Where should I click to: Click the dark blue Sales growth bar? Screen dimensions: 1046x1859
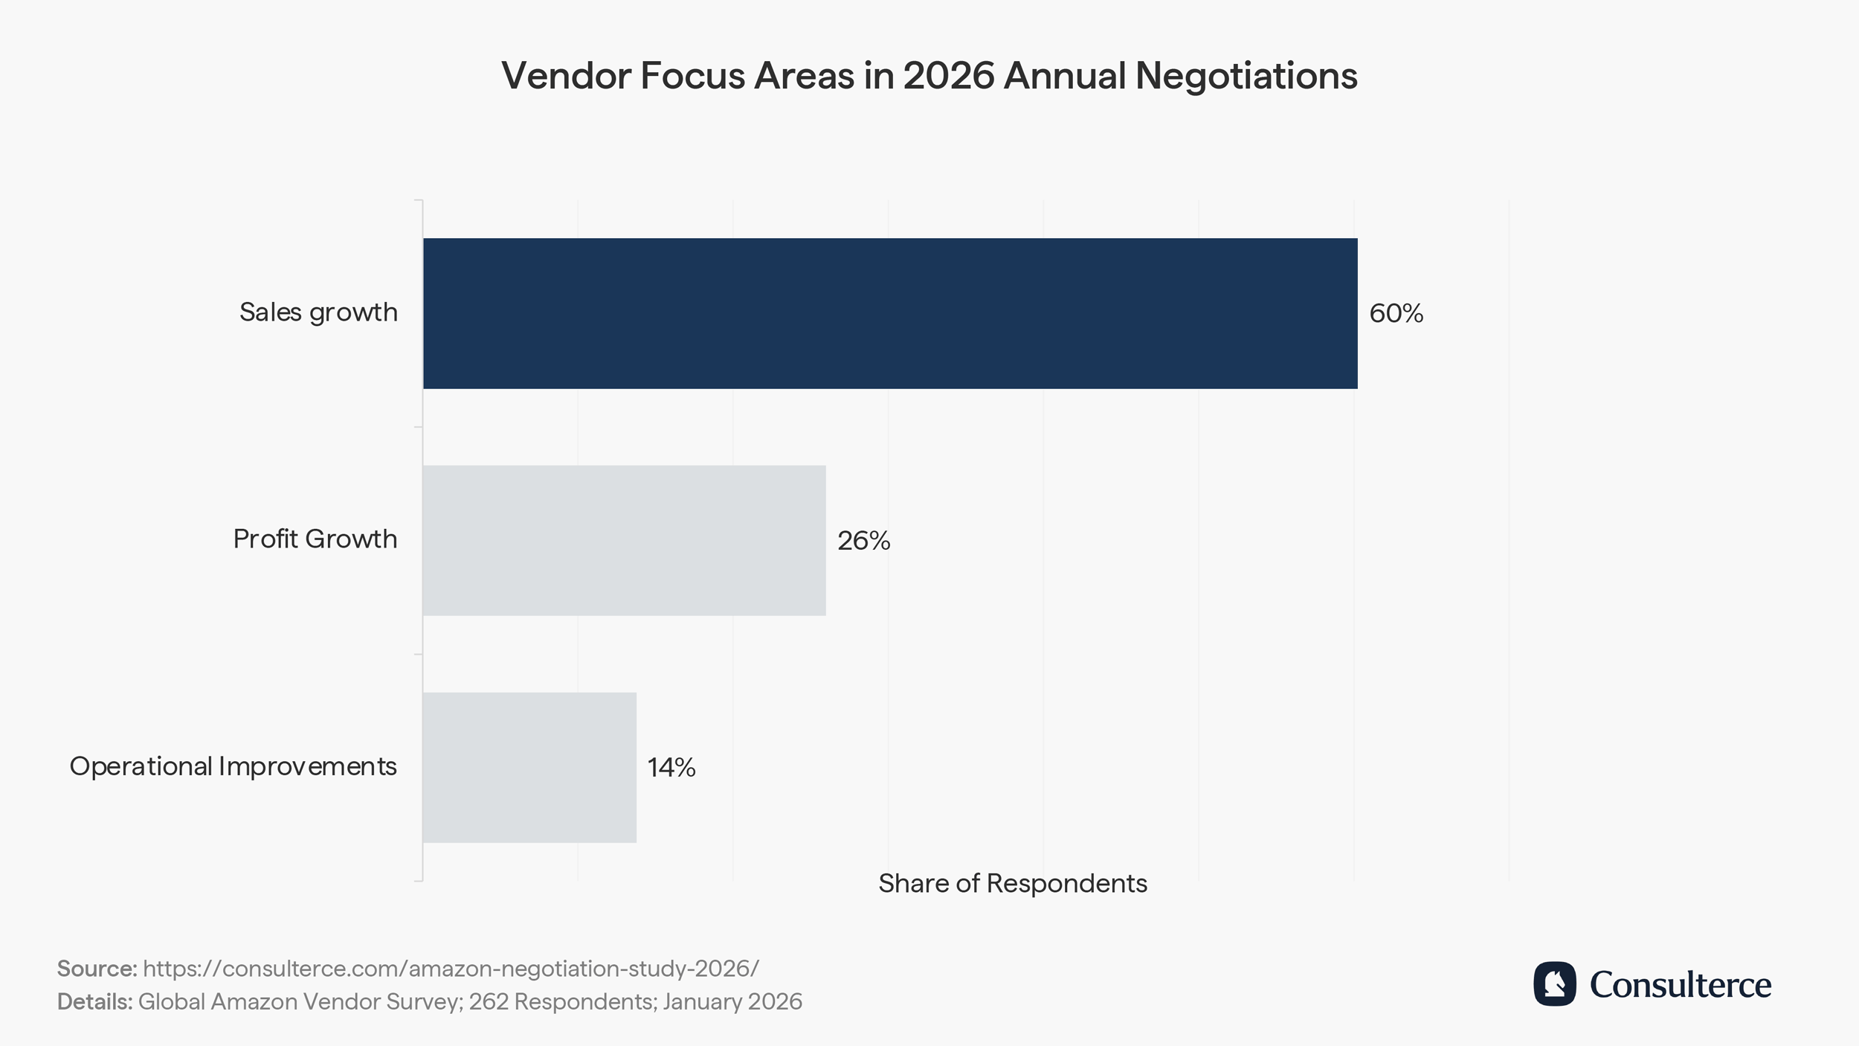tap(890, 313)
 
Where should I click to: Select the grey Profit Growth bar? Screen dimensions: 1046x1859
tap(624, 540)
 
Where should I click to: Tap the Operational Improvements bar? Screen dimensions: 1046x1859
tap(529, 767)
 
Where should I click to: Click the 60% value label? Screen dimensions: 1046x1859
tap(1396, 313)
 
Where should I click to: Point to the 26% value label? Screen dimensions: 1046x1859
tap(863, 541)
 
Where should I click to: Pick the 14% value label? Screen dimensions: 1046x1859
tap(671, 768)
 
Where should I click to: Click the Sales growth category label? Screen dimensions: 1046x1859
tap(318, 312)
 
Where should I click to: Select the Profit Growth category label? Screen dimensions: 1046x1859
tap(315, 539)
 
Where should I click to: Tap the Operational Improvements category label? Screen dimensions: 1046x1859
tap(233, 766)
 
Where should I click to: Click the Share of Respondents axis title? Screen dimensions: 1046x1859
tap(1012, 884)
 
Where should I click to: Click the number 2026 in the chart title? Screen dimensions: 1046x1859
tap(948, 75)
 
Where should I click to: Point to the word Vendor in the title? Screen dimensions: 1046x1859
tap(565, 75)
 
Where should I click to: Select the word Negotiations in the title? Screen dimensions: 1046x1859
tap(1246, 75)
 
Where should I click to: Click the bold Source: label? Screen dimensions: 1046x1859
tap(97, 969)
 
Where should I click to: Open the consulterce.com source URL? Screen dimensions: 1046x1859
tap(451, 969)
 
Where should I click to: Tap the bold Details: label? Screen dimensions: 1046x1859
tap(94, 1002)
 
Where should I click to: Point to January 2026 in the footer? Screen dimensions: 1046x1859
tap(732, 1002)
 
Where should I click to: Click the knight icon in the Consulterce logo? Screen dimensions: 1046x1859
tap(1554, 984)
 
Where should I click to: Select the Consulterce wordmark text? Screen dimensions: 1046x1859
tap(1681, 985)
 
